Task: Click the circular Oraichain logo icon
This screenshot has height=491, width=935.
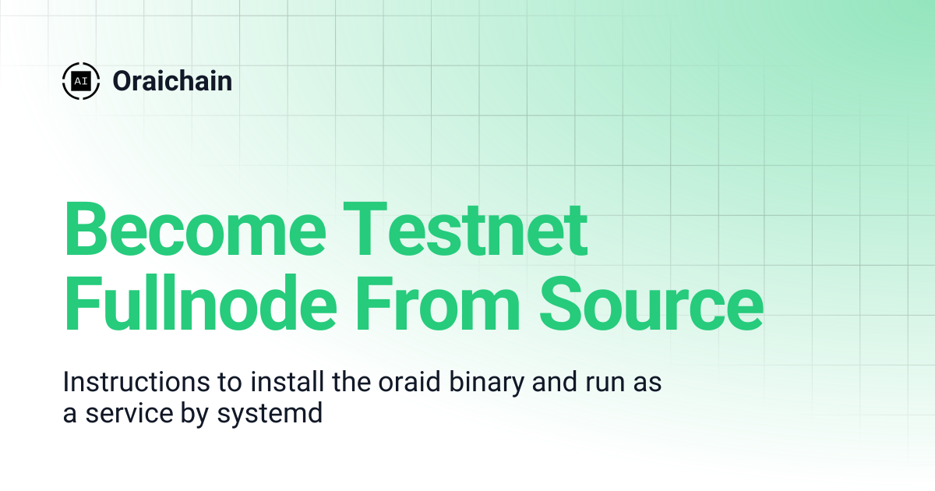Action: [x=80, y=80]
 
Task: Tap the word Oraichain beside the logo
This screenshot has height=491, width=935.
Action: [x=172, y=80]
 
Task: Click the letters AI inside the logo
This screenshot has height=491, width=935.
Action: [x=80, y=80]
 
